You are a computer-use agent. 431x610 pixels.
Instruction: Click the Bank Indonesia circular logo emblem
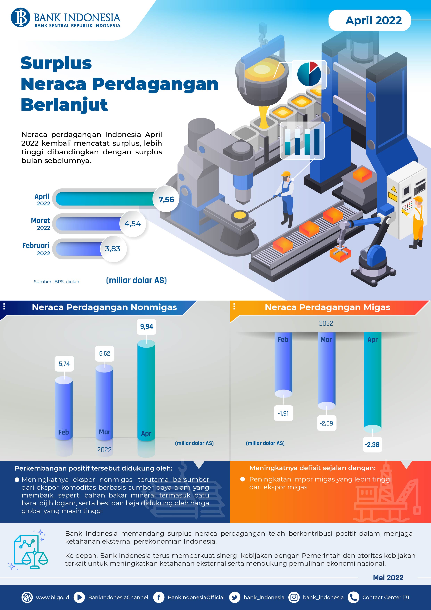[x=20, y=18]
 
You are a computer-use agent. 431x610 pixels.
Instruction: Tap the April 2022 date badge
[x=370, y=21]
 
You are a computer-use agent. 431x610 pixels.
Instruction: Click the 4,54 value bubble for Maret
[x=132, y=224]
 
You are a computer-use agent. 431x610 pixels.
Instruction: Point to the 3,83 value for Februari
[x=113, y=249]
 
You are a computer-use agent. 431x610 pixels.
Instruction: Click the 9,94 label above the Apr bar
[x=146, y=327]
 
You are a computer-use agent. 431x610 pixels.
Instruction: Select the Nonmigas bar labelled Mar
[x=104, y=401]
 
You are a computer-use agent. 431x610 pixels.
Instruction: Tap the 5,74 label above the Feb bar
[x=64, y=363]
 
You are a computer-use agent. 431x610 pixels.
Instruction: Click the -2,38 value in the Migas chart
[x=372, y=444]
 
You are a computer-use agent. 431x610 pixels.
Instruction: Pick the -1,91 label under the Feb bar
[x=283, y=413]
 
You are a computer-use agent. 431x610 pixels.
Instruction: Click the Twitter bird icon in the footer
[x=235, y=597]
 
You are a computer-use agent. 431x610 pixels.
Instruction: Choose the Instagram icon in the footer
[x=294, y=597]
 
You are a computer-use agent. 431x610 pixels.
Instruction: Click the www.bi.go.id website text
[x=52, y=597]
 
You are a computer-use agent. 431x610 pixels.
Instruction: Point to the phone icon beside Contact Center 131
[x=353, y=597]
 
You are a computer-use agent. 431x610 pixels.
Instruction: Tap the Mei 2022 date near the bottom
[x=388, y=578]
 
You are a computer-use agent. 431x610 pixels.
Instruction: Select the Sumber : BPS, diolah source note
[x=56, y=282]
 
